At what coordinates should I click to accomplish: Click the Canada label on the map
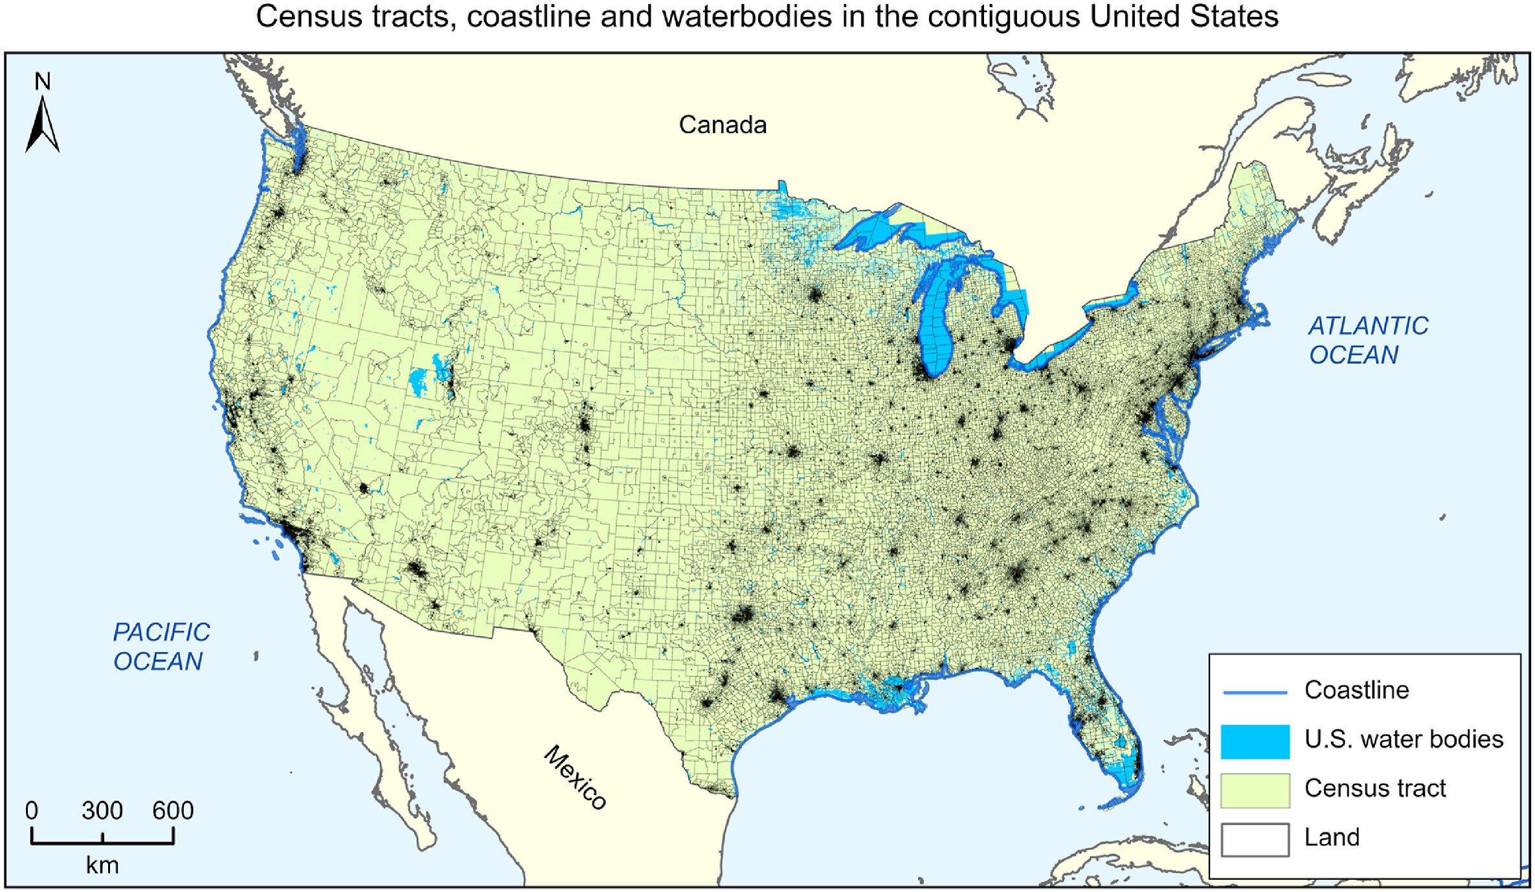coord(723,125)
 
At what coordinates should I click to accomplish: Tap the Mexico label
coord(575,777)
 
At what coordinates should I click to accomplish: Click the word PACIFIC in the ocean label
coord(161,632)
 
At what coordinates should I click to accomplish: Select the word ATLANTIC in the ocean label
coord(1368,326)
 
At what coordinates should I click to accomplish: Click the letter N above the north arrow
coord(43,82)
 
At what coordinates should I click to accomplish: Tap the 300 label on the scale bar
coord(102,810)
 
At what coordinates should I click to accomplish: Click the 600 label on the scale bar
coord(173,810)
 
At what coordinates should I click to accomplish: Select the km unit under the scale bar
coord(102,865)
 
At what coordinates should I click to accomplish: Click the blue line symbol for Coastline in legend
coord(1255,693)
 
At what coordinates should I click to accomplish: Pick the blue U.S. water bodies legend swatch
coord(1255,741)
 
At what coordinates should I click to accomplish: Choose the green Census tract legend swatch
coord(1255,790)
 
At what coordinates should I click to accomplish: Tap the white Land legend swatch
coord(1255,840)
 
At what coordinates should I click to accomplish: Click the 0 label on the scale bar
coord(32,810)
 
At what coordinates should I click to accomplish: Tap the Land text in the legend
coord(1332,838)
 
